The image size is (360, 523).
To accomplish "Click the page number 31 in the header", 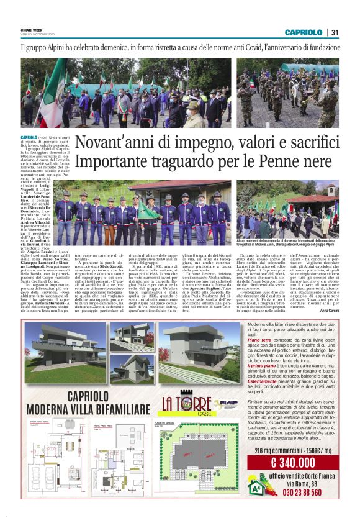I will (x=335, y=32).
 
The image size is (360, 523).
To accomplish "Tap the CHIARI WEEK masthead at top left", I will (x=33, y=29).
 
